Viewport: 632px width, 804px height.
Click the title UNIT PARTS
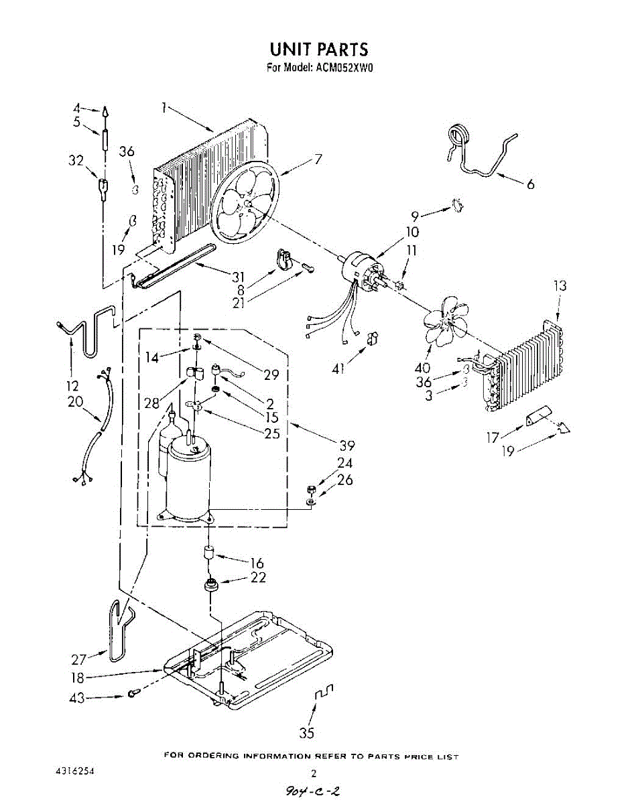[x=318, y=50]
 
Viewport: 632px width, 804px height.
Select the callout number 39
[x=346, y=446]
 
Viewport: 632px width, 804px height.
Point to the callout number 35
[x=306, y=733]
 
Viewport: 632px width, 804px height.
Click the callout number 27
[x=80, y=658]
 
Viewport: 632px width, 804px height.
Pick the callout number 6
[x=530, y=184]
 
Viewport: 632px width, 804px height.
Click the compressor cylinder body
[x=188, y=482]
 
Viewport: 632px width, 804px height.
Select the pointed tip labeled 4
[x=105, y=111]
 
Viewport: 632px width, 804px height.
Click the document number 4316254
[x=74, y=772]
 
